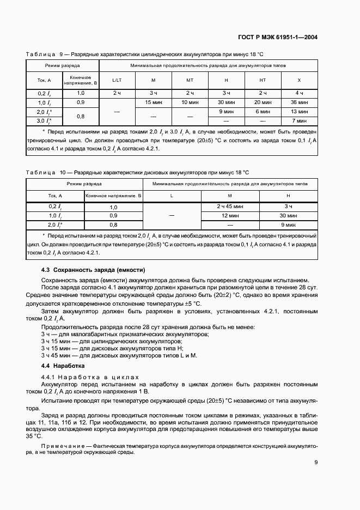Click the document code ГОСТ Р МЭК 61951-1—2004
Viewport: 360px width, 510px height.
point(278,38)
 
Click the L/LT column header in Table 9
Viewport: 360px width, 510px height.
point(117,80)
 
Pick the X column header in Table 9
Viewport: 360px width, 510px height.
point(298,80)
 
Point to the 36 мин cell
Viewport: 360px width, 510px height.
point(298,102)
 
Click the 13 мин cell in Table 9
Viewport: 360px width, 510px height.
point(298,111)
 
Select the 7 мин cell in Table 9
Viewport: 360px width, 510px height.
point(298,120)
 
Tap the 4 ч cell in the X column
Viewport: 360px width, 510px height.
point(298,93)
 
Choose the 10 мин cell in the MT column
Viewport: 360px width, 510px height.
point(190,102)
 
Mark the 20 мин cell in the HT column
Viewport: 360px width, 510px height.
point(263,102)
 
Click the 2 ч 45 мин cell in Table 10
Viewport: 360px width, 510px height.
point(229,207)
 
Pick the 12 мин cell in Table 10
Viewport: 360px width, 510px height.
point(229,216)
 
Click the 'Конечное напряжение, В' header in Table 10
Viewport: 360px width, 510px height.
point(113,195)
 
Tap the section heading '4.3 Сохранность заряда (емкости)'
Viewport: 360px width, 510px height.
point(93,270)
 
